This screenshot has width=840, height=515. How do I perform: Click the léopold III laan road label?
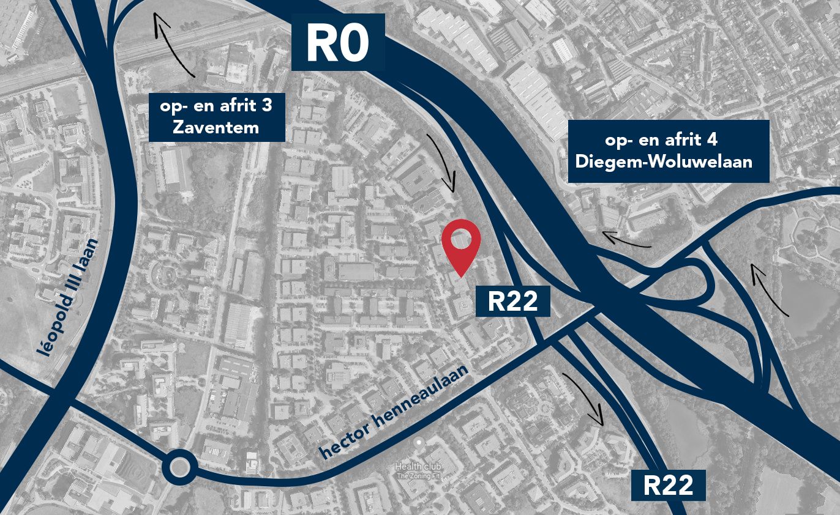(62, 300)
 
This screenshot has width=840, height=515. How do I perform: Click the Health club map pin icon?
(419, 442)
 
